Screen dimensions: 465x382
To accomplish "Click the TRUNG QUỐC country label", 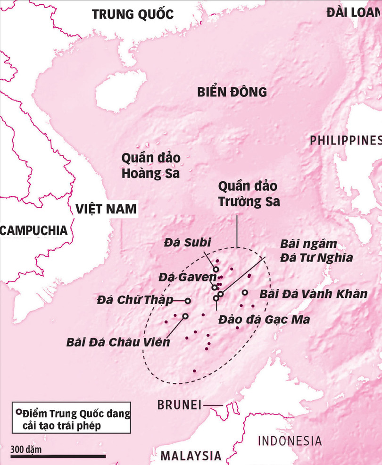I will tap(133, 14).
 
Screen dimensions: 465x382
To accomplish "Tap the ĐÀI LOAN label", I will tap(353, 13).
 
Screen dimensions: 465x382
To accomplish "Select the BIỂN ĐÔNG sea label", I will tap(232, 92).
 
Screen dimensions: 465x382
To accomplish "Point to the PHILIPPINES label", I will tap(345, 140).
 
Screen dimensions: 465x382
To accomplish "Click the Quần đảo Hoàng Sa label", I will tap(150, 166).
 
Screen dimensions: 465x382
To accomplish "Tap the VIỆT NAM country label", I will tap(106, 208).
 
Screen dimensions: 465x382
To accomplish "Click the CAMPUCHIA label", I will tap(33, 230).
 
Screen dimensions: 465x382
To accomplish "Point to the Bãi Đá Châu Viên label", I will tap(118, 342).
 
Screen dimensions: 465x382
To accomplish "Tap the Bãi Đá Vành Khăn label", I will tap(313, 294).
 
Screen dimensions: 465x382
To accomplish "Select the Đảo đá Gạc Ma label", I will tap(264, 320).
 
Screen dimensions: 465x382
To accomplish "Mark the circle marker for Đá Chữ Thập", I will tap(187, 301).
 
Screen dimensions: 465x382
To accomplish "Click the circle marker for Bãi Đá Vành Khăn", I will tap(245, 293).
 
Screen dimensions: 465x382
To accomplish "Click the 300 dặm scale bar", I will tap(58, 456).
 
